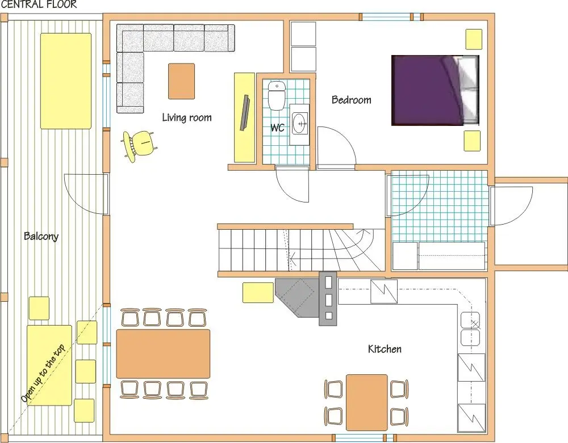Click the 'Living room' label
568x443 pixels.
(x=186, y=117)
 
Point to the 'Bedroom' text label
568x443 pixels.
(x=351, y=100)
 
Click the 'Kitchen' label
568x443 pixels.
(x=385, y=349)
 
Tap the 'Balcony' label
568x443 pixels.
(x=41, y=236)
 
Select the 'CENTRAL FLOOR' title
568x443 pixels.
(x=39, y=5)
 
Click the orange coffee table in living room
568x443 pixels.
(x=181, y=81)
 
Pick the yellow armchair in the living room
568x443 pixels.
(x=137, y=146)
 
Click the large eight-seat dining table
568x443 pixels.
(x=163, y=353)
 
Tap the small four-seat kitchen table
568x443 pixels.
(x=366, y=402)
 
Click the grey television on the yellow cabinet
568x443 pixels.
(x=246, y=113)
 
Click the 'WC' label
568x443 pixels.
(x=277, y=128)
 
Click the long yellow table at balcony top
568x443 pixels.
(x=65, y=81)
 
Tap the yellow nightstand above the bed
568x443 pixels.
(x=474, y=39)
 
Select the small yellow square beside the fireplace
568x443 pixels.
(x=258, y=292)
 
